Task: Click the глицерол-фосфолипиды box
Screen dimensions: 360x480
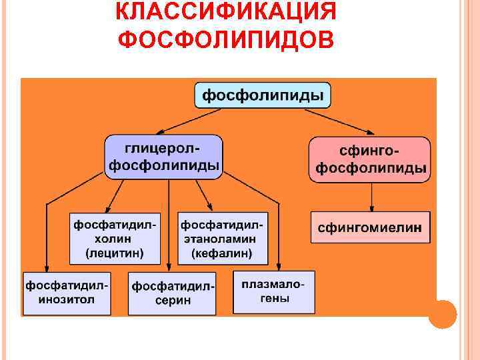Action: pos(163,157)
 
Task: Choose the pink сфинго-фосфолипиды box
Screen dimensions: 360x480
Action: pos(370,159)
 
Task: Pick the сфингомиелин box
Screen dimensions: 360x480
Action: pos(370,227)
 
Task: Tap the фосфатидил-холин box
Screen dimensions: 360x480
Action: pos(116,238)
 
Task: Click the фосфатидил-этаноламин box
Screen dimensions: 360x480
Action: pos(222,238)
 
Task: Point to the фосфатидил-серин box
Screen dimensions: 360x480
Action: pos(172,293)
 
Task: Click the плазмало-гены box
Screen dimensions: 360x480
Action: pos(274,291)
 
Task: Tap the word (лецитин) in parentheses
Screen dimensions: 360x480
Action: pos(115,253)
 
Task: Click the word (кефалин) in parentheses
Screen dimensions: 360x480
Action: pos(222,253)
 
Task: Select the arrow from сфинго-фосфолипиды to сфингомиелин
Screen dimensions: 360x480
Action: pos(371,197)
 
